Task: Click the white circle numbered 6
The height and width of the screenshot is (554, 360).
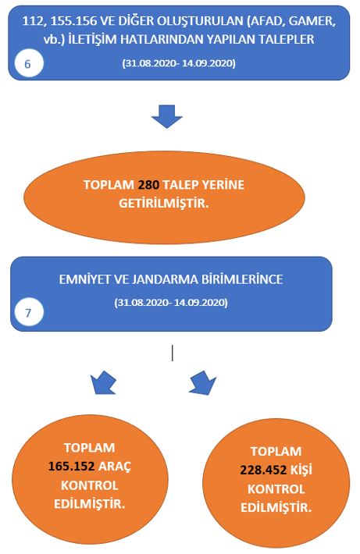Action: (x=29, y=64)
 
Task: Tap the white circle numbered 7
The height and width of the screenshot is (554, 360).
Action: (x=29, y=313)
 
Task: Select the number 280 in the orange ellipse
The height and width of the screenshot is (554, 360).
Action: (x=148, y=185)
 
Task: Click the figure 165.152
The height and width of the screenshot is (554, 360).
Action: (x=71, y=467)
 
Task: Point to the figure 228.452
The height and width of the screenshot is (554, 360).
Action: (x=263, y=470)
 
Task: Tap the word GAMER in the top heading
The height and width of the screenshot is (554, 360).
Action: (x=312, y=22)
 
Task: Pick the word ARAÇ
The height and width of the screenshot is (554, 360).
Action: (x=115, y=467)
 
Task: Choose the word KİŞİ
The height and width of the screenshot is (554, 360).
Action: (x=301, y=470)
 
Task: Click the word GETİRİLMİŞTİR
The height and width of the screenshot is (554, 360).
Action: (x=164, y=204)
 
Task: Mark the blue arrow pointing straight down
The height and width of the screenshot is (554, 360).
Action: (x=166, y=116)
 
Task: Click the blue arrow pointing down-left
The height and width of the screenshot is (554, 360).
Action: (x=102, y=382)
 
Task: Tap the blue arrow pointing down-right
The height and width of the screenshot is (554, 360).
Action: (x=202, y=382)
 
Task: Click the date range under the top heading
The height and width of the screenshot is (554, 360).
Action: (x=179, y=63)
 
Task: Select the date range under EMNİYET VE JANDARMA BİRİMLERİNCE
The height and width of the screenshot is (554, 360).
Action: (x=171, y=303)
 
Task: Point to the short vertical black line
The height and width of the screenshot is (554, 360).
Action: (x=173, y=353)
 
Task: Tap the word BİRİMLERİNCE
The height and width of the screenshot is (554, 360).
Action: (x=242, y=279)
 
